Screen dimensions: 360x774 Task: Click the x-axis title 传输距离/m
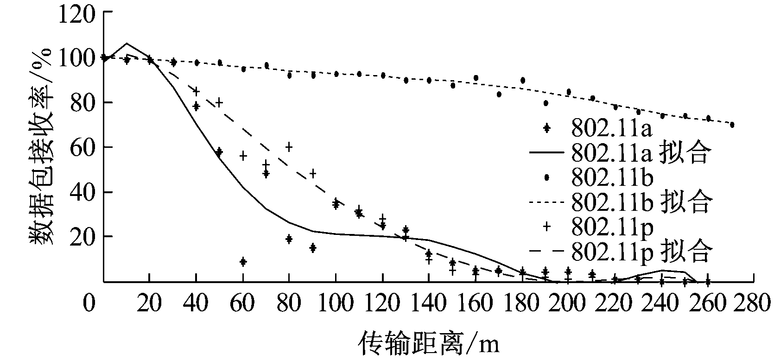click(x=429, y=345)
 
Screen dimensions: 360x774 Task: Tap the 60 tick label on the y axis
click(x=83, y=147)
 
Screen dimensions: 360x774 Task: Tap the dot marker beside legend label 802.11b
click(x=546, y=177)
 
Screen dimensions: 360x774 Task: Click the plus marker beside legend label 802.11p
click(x=546, y=226)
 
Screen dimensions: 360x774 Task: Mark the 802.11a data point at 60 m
click(x=242, y=262)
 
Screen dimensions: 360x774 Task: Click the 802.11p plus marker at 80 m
click(x=289, y=147)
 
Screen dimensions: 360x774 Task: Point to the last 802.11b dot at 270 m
click(x=732, y=125)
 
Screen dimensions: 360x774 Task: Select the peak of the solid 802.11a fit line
click(x=127, y=43)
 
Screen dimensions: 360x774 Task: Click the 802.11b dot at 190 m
click(x=546, y=103)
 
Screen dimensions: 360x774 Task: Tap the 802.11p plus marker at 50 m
click(x=219, y=102)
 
